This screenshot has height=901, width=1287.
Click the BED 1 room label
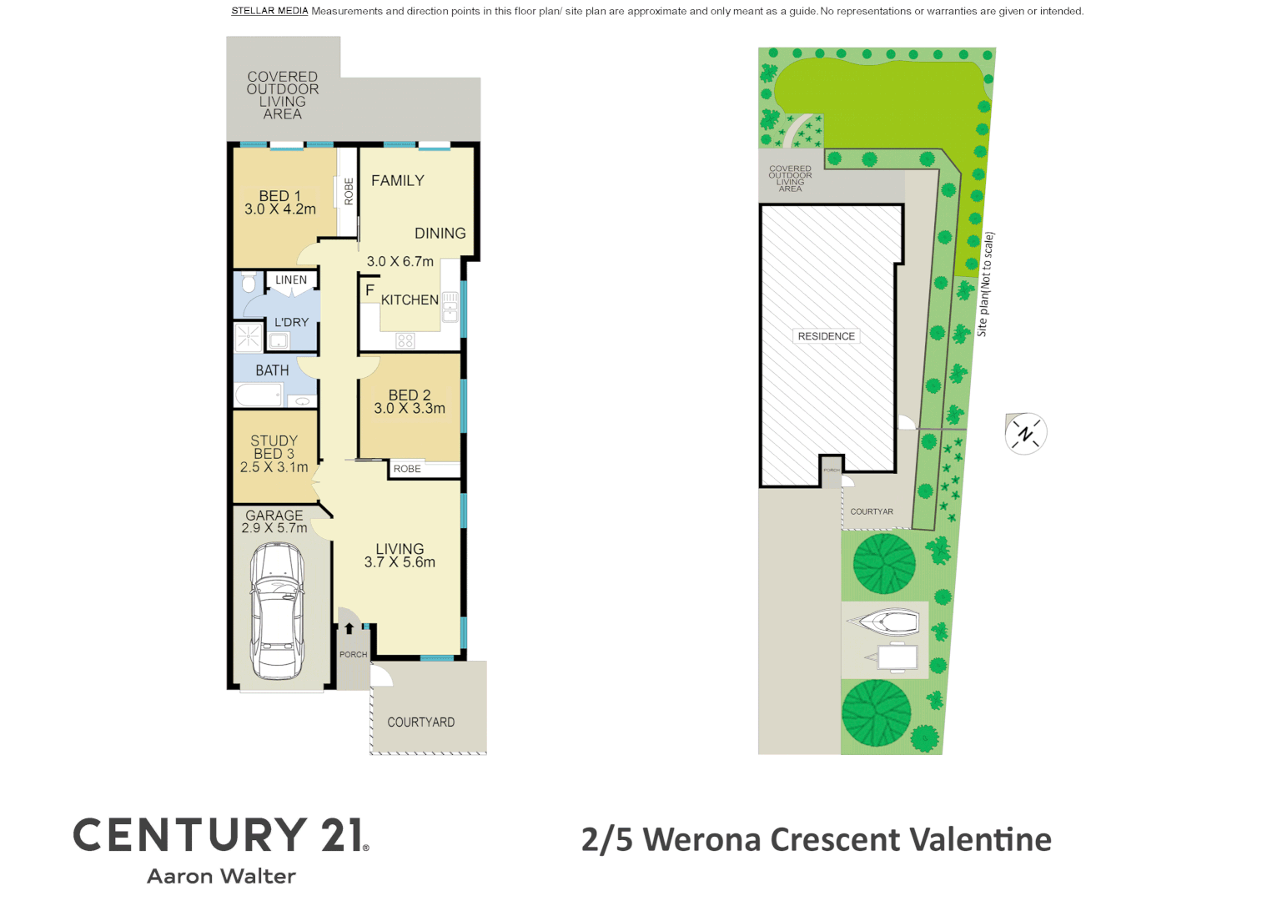pos(279,196)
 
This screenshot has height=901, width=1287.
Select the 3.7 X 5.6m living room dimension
pos(400,562)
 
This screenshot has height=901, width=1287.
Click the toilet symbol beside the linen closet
pos(249,283)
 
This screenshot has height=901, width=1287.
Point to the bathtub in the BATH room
pos(259,395)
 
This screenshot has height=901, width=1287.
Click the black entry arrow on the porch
pos(349,629)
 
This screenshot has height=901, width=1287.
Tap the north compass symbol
pos(1025,434)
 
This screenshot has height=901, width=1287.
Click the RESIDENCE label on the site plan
pos(826,336)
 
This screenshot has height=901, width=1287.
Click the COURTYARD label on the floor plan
pos(420,722)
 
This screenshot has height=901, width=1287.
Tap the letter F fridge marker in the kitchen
pos(370,290)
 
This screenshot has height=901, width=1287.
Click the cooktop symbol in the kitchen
pos(405,340)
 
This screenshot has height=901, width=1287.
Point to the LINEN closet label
pos(291,280)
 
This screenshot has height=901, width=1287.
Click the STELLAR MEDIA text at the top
pos(269,11)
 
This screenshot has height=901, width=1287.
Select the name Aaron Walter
pos(221,876)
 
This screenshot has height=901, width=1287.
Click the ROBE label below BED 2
pos(407,469)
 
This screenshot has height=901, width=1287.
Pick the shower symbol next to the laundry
pos(249,337)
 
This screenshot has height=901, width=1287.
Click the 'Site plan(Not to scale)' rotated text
pos(985,284)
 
